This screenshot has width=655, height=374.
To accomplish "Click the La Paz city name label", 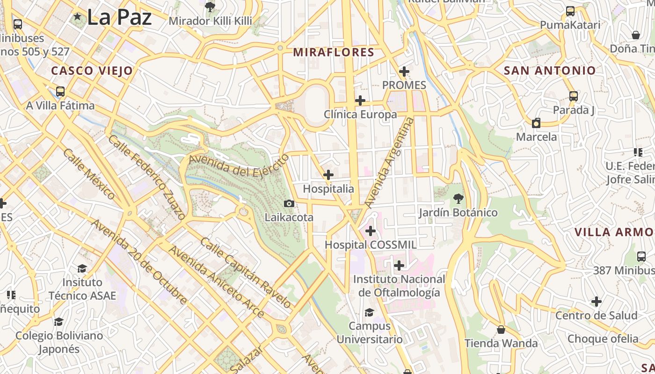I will (119, 17).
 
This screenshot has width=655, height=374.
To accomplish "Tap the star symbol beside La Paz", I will (78, 17).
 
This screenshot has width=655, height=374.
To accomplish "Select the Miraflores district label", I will (334, 52).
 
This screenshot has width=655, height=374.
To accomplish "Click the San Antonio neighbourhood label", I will (549, 71).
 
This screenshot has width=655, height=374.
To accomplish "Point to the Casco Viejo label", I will (92, 71).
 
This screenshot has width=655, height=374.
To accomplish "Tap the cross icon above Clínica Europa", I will (360, 101).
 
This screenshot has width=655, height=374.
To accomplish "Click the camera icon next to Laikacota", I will (289, 203).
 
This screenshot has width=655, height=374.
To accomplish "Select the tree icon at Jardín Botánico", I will (458, 199).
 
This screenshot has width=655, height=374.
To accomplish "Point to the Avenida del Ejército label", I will (239, 166).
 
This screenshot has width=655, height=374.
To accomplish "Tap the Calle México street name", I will (89, 174).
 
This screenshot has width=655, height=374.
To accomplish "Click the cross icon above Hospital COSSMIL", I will (371, 231).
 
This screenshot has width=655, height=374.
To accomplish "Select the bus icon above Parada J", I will (574, 96).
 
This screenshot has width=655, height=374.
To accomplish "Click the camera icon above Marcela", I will (536, 123).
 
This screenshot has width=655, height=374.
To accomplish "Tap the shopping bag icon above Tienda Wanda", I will (501, 330).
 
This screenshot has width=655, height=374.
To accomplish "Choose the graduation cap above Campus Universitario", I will (369, 312).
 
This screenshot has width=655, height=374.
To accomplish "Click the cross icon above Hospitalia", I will (328, 175).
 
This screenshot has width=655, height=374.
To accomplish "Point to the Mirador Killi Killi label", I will (210, 21).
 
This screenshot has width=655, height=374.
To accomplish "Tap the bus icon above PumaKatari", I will (570, 11).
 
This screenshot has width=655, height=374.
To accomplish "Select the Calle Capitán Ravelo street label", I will (246, 273).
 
